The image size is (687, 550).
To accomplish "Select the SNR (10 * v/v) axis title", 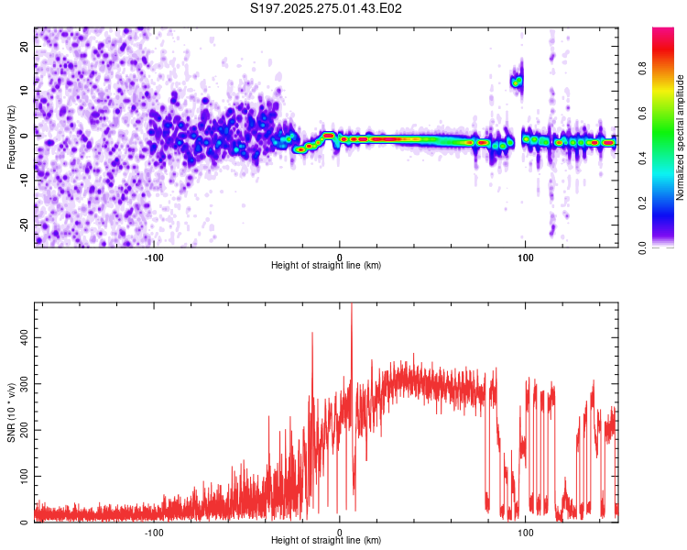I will (11, 412).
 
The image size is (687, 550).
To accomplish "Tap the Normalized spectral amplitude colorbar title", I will (681, 137).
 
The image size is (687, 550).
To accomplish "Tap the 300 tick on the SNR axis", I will (22, 384).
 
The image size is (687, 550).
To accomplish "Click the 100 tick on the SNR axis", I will (22, 477).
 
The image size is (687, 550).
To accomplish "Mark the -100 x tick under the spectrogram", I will (153, 256).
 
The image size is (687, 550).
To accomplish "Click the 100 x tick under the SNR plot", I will (526, 531).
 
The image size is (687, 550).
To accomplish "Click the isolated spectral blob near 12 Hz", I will (517, 82).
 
